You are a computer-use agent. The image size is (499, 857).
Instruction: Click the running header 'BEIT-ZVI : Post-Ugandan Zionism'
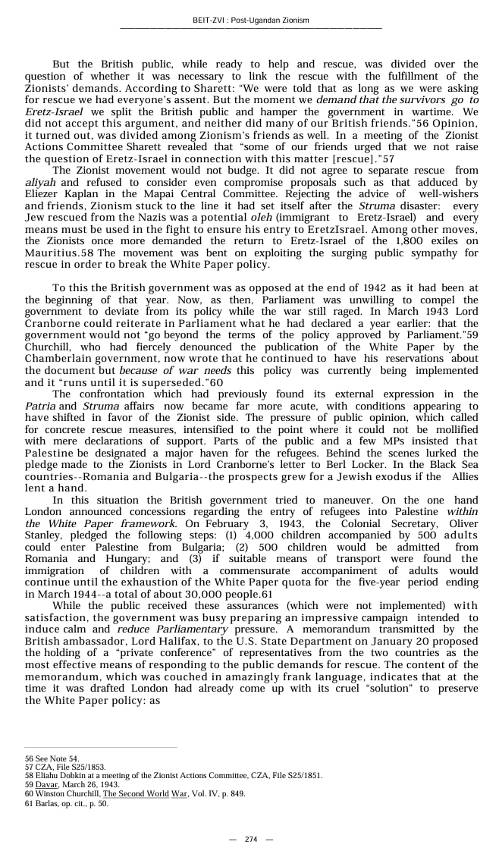tap(250, 20)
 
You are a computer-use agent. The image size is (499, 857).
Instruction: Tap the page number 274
tap(250, 839)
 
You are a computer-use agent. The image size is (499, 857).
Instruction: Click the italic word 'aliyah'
tap(40, 183)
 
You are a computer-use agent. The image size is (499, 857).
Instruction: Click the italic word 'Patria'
tap(39, 406)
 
